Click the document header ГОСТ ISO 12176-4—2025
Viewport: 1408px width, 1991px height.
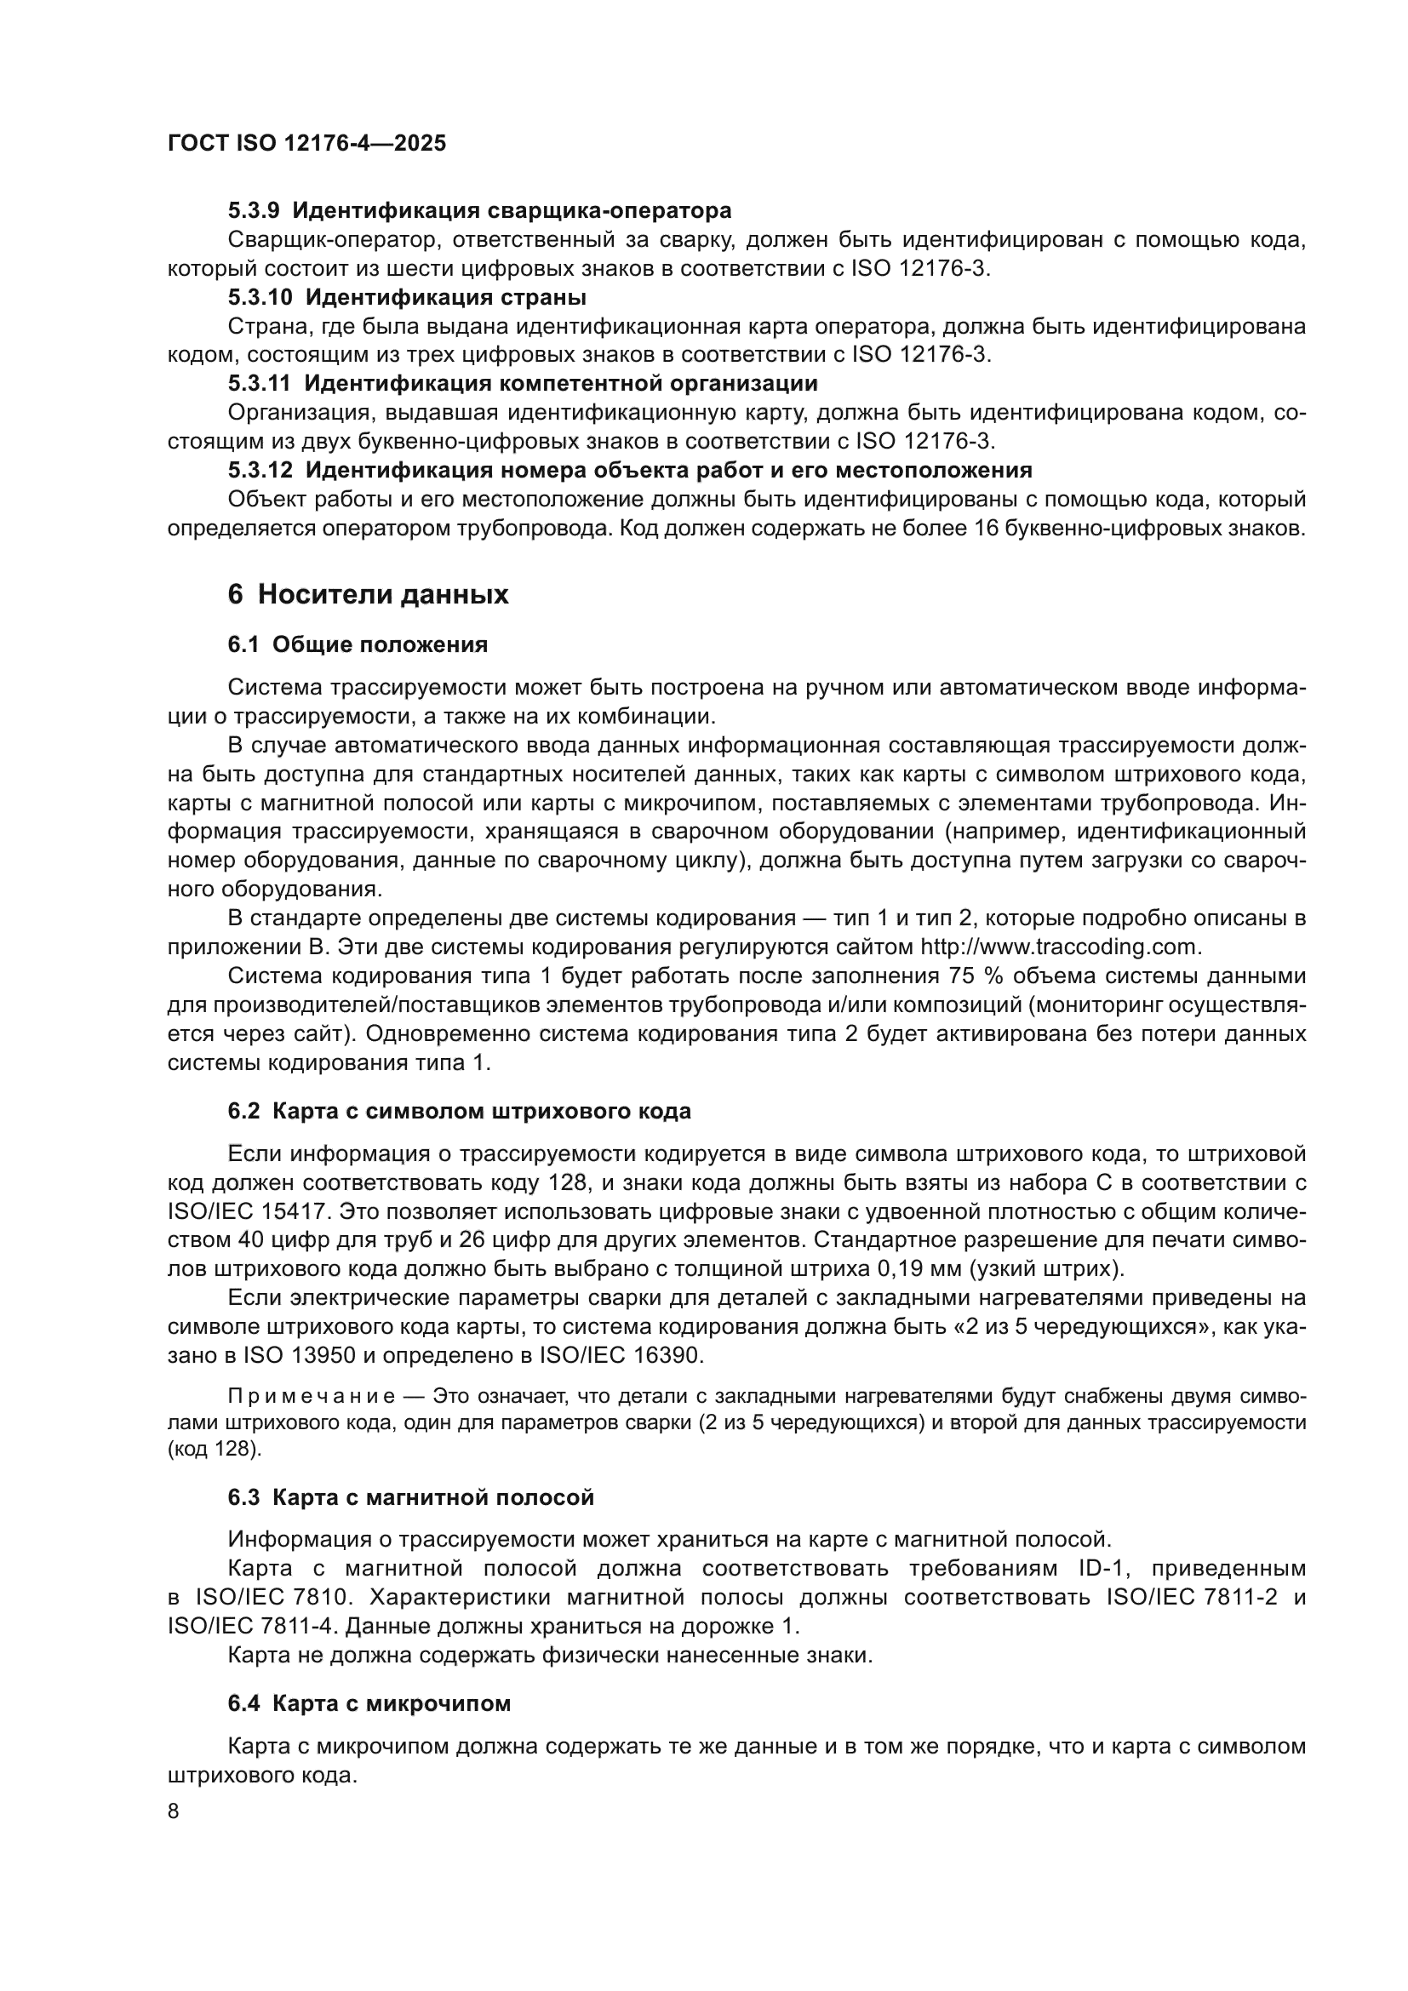[307, 144]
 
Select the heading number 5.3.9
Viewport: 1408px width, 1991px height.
[254, 211]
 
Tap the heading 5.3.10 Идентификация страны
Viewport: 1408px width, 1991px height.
[408, 297]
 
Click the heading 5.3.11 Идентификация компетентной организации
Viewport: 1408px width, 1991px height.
[523, 383]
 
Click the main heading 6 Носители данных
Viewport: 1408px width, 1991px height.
[369, 595]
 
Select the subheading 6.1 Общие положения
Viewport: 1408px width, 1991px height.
[358, 644]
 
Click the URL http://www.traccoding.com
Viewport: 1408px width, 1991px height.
[1059, 947]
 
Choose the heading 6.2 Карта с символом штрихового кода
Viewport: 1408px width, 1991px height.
[460, 1111]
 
